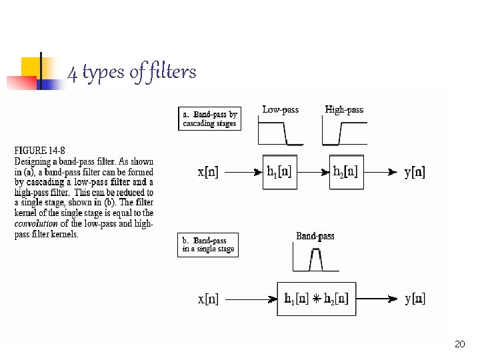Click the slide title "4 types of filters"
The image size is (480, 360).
pos(132,72)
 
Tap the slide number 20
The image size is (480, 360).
pos(459,344)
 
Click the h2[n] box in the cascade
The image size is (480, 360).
pos(346,172)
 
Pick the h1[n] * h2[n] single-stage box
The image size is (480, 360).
pos(317,299)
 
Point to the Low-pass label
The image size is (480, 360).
pos(280,109)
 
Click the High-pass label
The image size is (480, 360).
pos(344,109)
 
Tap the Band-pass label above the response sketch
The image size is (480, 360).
pos(315,236)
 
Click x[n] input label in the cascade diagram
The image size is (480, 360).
pos(208,172)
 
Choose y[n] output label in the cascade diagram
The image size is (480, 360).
pos(415,172)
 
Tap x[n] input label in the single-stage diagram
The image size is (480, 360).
pos(208,299)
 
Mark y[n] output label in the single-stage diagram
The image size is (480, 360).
pos(415,299)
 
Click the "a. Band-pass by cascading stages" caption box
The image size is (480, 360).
pos(209,119)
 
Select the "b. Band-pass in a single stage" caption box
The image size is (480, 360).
pos(208,245)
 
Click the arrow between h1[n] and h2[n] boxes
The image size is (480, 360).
pos(313,172)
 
